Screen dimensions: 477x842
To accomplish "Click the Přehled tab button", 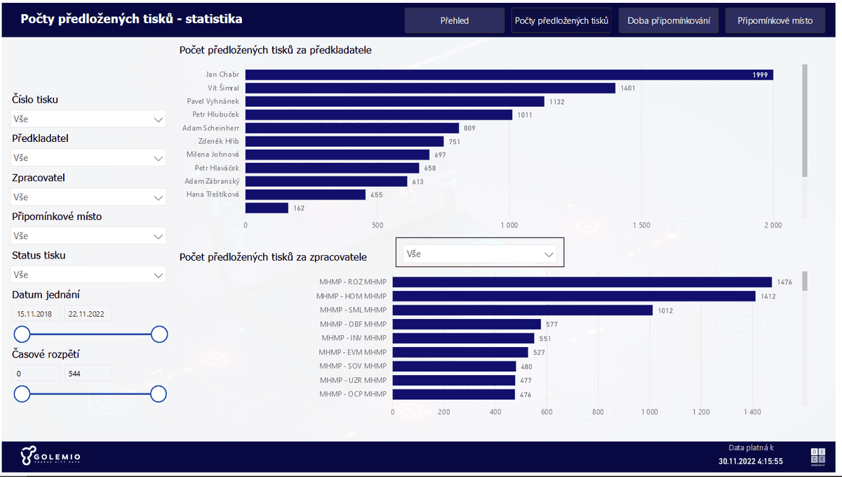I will point(454,20).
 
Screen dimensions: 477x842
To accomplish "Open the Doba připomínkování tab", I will point(668,20).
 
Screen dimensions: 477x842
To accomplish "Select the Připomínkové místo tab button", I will point(775,20).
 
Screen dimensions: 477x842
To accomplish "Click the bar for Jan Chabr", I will point(509,74).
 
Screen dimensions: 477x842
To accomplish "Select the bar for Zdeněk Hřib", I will point(344,141).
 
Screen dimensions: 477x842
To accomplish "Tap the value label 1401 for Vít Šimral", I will point(629,88).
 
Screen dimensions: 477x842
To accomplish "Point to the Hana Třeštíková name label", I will point(213,195).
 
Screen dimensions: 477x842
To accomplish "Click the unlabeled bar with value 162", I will point(267,208).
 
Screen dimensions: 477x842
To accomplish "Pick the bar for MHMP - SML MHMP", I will point(522,310).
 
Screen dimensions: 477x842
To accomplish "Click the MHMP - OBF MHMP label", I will point(353,324).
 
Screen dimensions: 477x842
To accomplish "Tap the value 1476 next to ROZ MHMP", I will point(784,282).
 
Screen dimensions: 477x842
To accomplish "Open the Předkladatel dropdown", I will point(88,158).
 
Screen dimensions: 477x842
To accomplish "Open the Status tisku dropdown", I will point(88,275).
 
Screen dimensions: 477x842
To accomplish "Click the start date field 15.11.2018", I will point(36,314).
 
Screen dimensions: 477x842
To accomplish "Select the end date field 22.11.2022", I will point(87,314).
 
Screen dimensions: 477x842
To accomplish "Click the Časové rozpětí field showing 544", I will point(87,373).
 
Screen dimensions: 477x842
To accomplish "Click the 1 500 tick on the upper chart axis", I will point(641,226).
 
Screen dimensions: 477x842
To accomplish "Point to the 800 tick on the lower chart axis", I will point(598,412).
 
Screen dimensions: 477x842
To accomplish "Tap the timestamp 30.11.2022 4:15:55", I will point(750,462).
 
